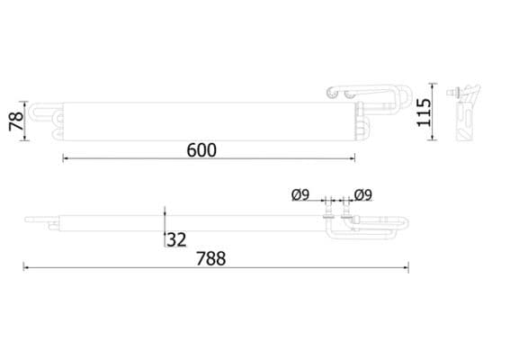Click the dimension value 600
pos(201,149)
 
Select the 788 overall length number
pos(211,259)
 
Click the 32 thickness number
pos(176,239)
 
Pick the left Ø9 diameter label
pos(300,194)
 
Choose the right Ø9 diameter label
pos(363,194)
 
